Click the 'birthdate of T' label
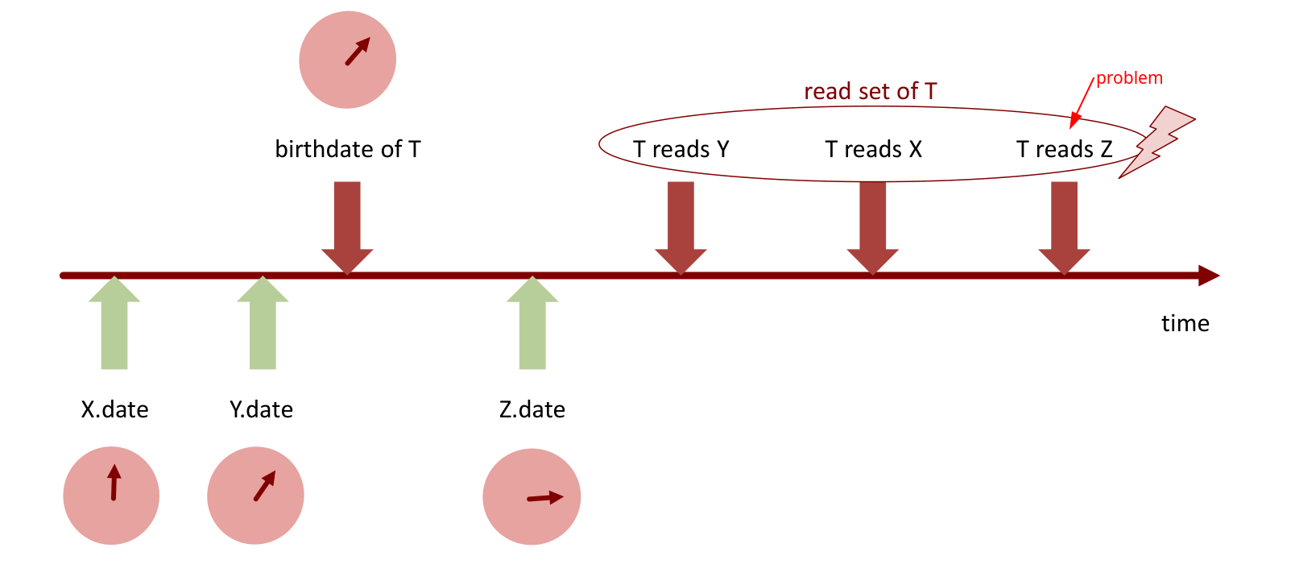[x=348, y=149]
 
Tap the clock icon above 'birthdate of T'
[x=348, y=60]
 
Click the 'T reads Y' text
[x=681, y=149]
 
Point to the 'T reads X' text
[x=873, y=149]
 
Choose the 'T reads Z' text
[x=1064, y=149]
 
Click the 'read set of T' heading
[x=870, y=92]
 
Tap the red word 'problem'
[x=1129, y=78]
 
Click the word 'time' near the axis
[x=1185, y=323]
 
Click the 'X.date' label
[x=114, y=409]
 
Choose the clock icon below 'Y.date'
[x=255, y=496]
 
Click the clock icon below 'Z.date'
[x=532, y=497]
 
